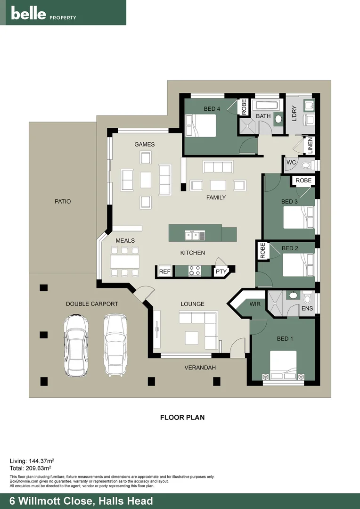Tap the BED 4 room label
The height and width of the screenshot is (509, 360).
(x=212, y=109)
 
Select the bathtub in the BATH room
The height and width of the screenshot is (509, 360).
(x=266, y=105)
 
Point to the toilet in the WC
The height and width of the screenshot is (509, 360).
(x=306, y=165)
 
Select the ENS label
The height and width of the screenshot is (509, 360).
(x=307, y=309)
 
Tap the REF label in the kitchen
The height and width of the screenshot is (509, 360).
(x=164, y=271)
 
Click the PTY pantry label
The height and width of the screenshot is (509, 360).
(x=221, y=271)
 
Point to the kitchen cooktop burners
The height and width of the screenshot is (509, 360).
(x=195, y=271)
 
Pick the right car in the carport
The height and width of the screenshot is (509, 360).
(x=115, y=345)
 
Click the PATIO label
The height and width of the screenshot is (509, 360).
(x=62, y=201)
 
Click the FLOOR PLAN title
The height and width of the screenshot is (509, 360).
(x=182, y=417)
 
